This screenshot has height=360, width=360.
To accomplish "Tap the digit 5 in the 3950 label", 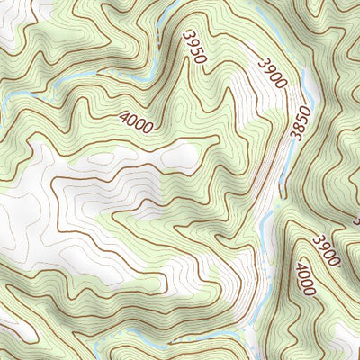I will [198, 51].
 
